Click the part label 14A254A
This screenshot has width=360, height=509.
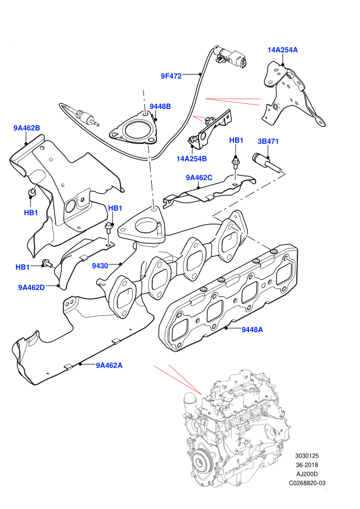[282, 50]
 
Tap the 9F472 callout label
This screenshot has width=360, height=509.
[171, 76]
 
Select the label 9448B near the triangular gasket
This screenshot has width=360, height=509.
[160, 106]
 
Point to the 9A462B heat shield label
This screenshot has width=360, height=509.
[27, 128]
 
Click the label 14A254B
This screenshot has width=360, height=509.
[191, 159]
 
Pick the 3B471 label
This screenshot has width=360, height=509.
[268, 141]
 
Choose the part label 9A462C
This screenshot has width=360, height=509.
[199, 177]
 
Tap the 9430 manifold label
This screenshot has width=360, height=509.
[100, 266]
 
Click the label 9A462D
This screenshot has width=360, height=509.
[31, 287]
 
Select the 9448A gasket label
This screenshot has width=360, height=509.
[252, 330]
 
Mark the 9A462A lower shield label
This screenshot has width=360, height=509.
[109, 366]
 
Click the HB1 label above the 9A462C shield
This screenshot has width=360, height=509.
[237, 140]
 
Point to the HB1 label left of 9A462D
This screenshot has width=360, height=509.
[23, 267]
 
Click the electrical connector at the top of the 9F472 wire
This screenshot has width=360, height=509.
[231, 58]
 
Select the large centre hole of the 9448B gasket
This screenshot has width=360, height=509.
[137, 130]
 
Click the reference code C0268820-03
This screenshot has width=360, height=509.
[307, 483]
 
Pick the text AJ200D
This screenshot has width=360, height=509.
[307, 474]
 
